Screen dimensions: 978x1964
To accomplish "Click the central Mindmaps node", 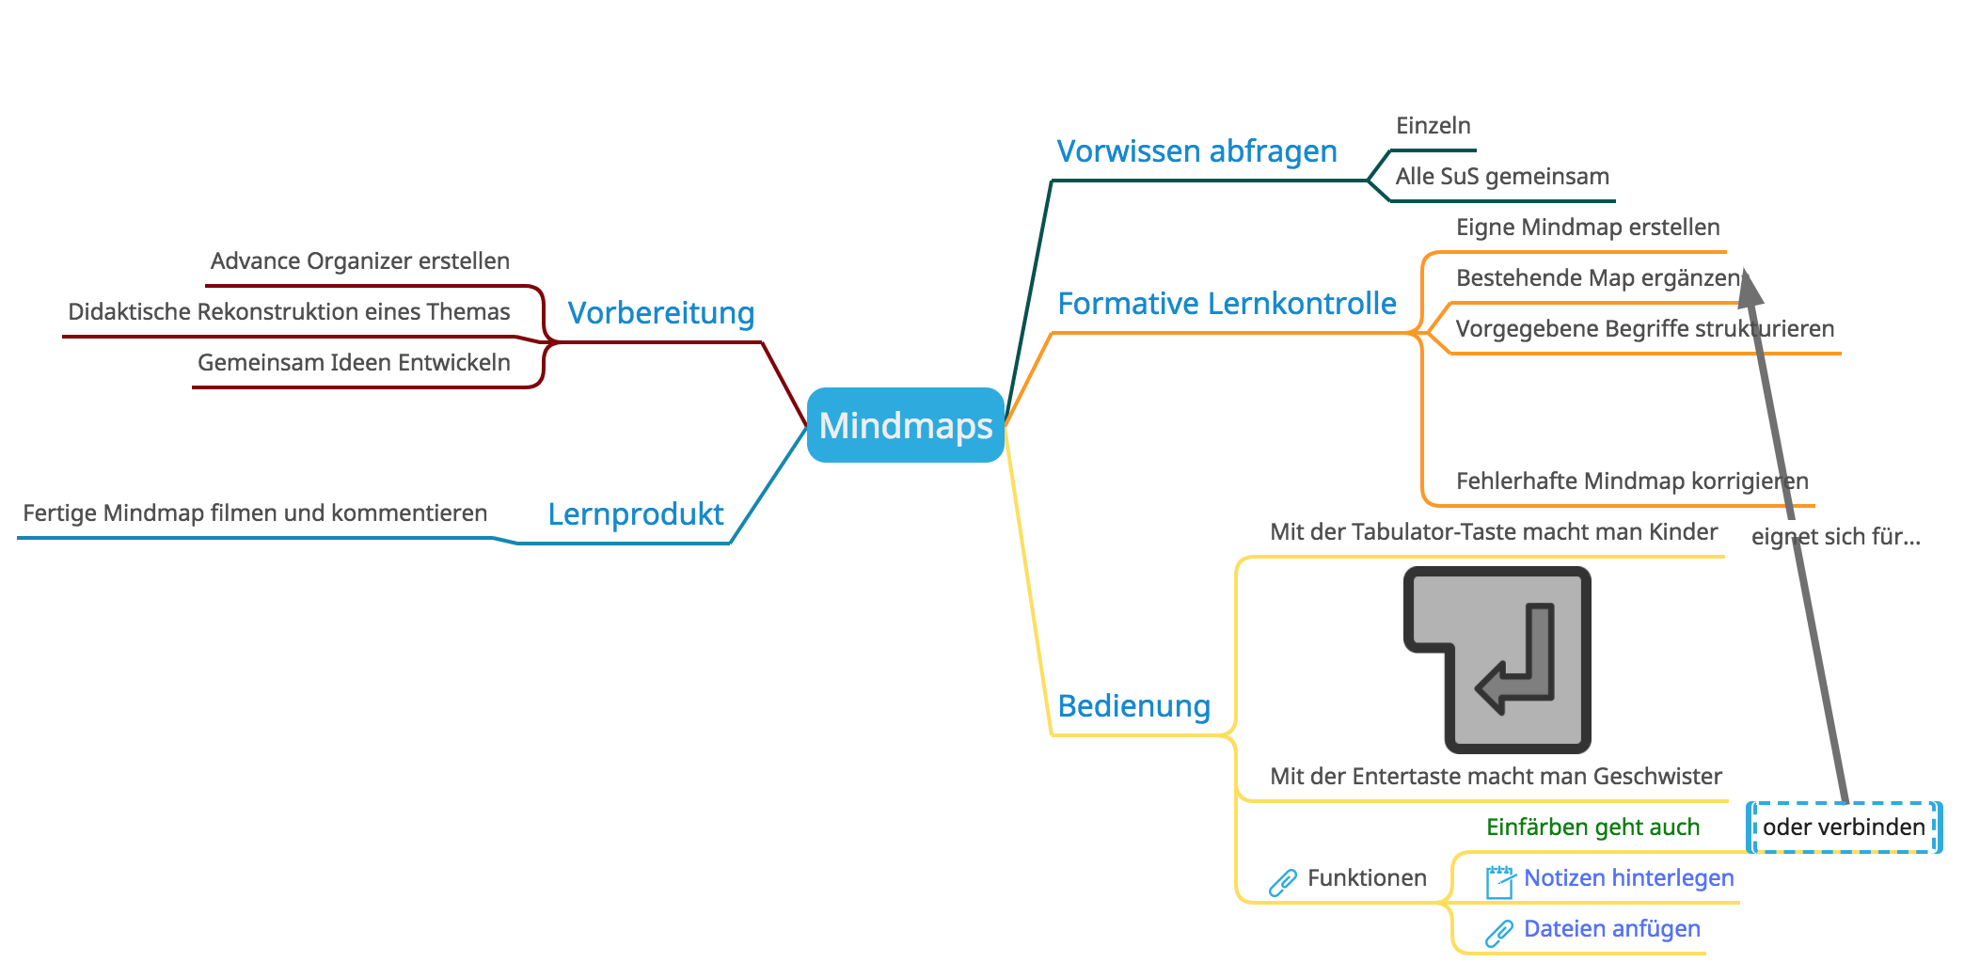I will (905, 425).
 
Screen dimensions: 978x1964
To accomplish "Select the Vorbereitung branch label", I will (660, 312).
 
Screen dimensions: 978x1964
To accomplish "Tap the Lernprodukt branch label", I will (635, 513).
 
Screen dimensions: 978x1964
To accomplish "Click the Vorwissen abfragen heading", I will (1196, 150).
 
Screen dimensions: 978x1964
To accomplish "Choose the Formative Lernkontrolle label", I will (1226, 303).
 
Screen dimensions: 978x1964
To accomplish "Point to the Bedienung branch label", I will (1132, 705).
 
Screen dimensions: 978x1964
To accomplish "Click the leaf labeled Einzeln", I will (1433, 125).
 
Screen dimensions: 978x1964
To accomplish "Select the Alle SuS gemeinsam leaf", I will (1501, 176).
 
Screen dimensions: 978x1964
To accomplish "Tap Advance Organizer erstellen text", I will (359, 260).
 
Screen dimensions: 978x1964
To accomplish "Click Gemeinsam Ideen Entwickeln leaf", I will (354, 362).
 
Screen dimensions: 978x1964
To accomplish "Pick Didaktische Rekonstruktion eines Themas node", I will (289, 311).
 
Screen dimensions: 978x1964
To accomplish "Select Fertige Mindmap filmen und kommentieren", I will (255, 513).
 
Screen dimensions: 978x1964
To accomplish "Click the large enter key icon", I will (1497, 659).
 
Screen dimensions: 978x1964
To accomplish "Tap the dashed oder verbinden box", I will (1843, 827).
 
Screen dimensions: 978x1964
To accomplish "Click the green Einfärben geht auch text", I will (1592, 827).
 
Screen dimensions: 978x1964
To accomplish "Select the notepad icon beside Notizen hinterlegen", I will (1499, 881).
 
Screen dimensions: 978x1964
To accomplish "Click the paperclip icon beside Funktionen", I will (1282, 882).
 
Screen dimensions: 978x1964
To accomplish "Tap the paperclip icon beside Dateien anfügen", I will (1498, 933).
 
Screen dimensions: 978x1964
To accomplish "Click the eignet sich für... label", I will (1835, 536).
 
